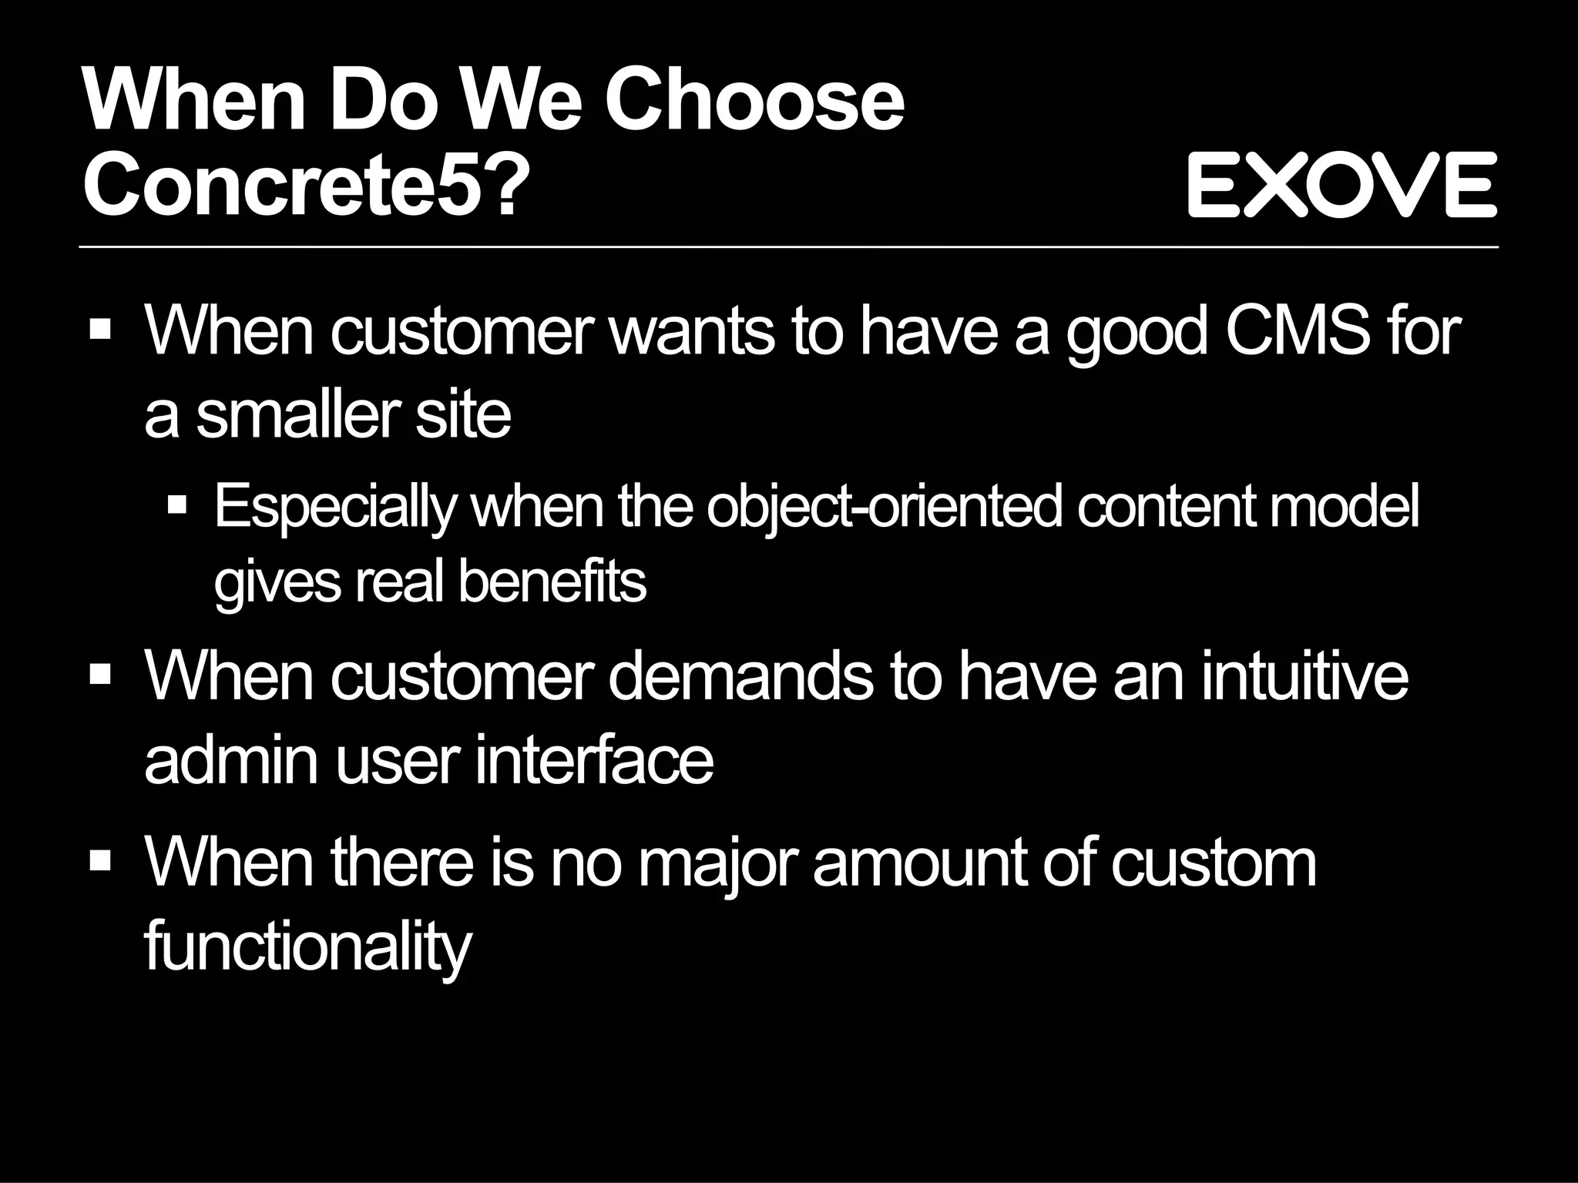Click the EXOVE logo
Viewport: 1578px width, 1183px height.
pos(1341,185)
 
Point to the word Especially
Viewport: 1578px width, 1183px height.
pos(335,508)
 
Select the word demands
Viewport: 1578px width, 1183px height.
pos(740,676)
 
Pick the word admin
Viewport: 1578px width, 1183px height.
pos(231,760)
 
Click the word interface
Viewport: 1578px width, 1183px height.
pos(594,760)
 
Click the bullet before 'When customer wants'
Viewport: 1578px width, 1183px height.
pos(100,332)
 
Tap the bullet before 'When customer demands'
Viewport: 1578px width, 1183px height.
pos(100,675)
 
